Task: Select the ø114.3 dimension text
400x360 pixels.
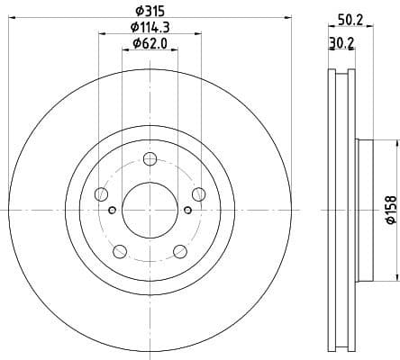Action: tap(150, 26)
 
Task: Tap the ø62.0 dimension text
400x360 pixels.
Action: tap(150, 42)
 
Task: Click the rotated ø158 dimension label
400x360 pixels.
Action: tap(390, 209)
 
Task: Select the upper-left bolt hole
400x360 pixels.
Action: tap(101, 195)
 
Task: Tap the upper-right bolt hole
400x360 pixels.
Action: tap(198, 195)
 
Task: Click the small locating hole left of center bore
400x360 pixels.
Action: tap(112, 211)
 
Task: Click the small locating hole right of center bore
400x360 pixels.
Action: tap(187, 211)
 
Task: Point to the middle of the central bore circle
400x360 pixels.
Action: tap(150, 211)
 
